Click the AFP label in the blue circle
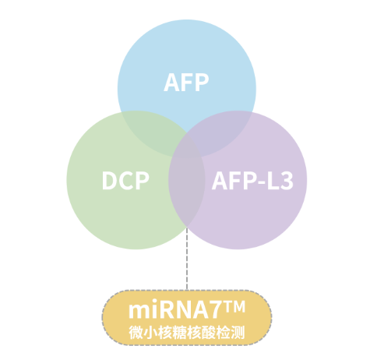coord(186,82)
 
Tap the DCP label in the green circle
coord(125,181)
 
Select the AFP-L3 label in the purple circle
coord(252,181)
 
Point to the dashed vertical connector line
coord(187,259)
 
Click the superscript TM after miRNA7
coord(234,307)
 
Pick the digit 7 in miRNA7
coord(217,309)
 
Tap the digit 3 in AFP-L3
coord(287,181)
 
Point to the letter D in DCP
coord(109,181)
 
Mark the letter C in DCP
coord(126,181)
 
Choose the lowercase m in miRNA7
coord(139,312)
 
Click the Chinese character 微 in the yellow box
coord(136,332)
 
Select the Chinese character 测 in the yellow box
coord(238,332)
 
